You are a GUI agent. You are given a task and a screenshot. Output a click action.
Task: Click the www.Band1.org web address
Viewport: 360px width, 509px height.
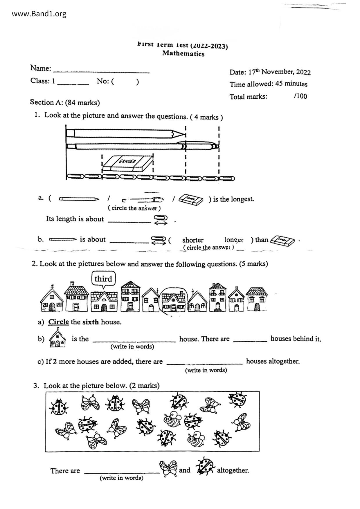point(39,14)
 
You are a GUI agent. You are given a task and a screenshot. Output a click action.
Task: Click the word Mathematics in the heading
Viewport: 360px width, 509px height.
point(183,53)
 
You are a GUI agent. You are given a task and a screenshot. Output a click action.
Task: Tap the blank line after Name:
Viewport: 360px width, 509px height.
point(101,71)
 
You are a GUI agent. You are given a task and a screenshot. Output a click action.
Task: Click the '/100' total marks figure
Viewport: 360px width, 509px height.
point(300,96)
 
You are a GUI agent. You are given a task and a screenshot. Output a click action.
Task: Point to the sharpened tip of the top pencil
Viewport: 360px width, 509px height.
point(183,134)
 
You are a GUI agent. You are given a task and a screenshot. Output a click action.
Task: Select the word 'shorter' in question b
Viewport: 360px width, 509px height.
point(193,240)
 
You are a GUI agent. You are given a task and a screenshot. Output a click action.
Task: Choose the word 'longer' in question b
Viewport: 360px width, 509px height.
point(233,240)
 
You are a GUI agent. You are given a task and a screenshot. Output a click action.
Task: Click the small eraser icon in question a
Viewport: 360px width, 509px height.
point(191,200)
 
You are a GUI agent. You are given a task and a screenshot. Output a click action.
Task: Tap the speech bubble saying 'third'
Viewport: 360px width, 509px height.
point(103,279)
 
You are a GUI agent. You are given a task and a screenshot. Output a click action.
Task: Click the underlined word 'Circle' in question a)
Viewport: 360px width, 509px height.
point(58,322)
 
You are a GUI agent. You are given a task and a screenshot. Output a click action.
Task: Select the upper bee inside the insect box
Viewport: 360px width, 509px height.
point(172,419)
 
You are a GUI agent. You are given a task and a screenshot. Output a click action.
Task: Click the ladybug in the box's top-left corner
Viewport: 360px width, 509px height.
point(59,406)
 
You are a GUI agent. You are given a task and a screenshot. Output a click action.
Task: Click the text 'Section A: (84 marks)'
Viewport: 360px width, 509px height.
point(65,102)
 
